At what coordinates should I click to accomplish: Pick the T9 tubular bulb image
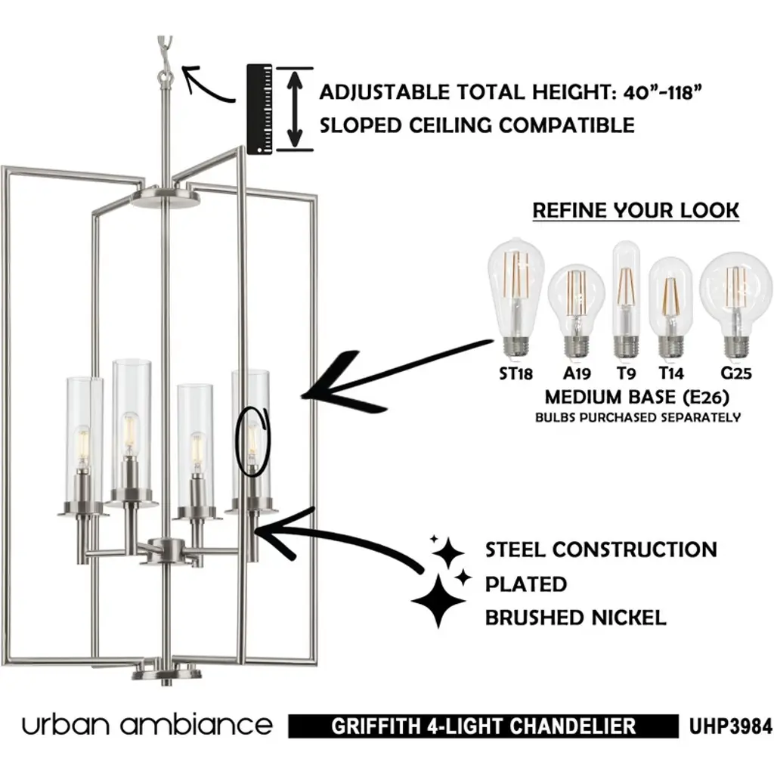click(626, 299)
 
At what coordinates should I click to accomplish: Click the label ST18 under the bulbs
click(517, 373)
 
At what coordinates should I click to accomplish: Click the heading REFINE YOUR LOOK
click(636, 210)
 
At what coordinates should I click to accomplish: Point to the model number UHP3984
click(730, 727)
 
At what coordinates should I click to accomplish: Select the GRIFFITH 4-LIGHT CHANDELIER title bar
click(484, 727)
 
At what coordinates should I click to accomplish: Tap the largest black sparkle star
click(438, 601)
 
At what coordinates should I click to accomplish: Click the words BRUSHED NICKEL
click(575, 618)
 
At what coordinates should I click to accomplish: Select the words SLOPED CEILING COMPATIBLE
click(477, 125)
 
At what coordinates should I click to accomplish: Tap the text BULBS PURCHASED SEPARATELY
click(637, 417)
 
